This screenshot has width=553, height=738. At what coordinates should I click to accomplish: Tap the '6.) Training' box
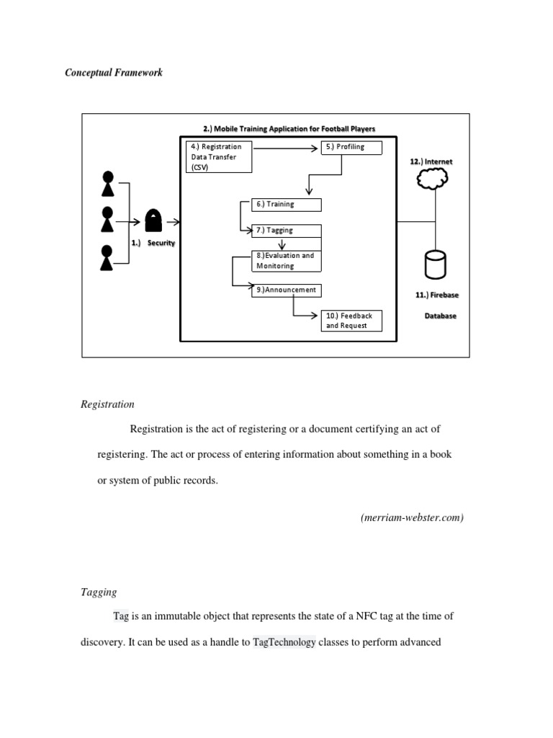286,204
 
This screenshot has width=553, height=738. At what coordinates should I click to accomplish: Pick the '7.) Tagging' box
286,231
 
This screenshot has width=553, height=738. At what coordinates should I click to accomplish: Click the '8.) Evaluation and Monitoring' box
286,260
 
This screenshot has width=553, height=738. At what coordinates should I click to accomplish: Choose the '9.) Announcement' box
286,290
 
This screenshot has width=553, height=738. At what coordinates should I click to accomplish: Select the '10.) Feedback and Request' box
351,321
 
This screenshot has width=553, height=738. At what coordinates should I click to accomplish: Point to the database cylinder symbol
435,264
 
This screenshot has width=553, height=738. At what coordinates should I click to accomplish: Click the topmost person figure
108,184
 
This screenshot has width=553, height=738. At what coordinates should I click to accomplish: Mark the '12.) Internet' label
431,162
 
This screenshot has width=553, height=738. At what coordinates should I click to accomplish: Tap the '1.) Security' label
153,244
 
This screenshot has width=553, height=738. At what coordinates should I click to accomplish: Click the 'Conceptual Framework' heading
114,73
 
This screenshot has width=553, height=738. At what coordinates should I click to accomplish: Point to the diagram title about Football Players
289,129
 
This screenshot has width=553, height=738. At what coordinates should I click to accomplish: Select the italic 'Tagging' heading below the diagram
98,592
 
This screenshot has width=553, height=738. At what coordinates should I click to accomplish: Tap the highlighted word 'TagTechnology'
284,642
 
